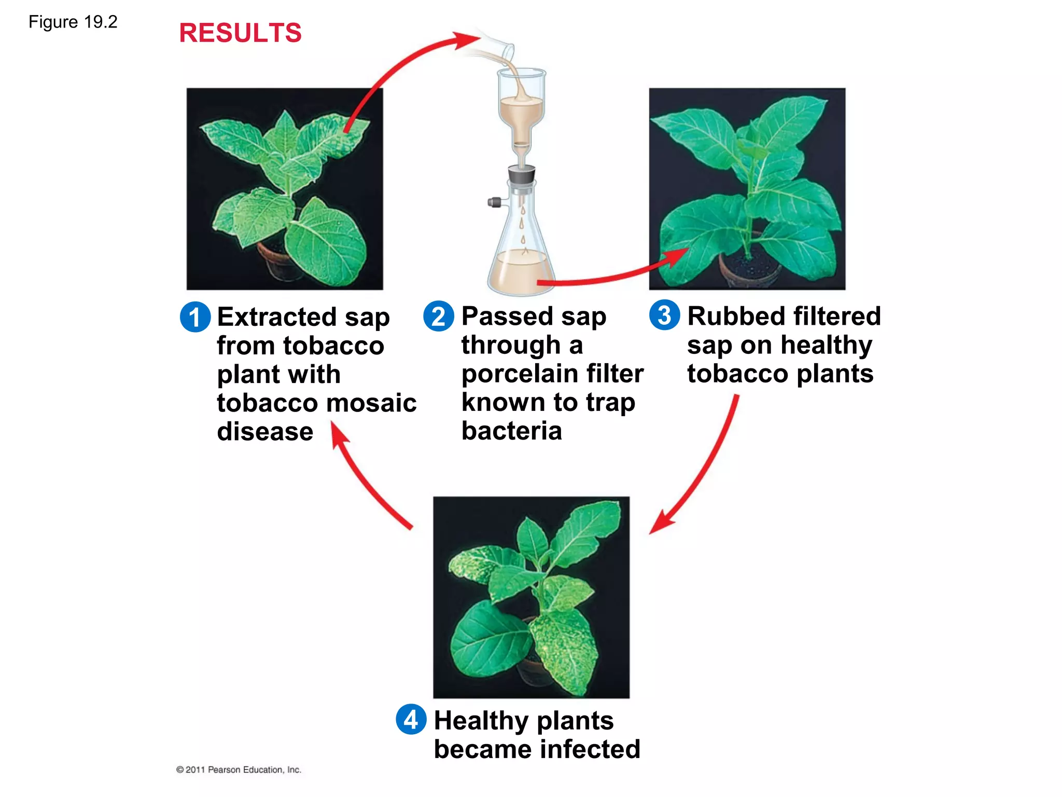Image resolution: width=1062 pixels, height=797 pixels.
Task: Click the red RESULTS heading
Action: (x=240, y=33)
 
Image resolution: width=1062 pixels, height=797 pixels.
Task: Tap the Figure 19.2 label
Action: (x=73, y=22)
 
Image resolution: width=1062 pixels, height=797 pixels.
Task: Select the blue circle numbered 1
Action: (x=195, y=317)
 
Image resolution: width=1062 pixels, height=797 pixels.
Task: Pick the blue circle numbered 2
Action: (x=439, y=316)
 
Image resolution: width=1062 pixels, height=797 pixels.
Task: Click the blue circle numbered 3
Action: (x=664, y=315)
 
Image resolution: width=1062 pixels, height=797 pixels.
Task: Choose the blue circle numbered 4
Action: (x=411, y=719)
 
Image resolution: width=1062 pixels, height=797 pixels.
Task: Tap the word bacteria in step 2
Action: (x=511, y=431)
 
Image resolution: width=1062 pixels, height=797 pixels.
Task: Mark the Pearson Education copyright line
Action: (x=239, y=769)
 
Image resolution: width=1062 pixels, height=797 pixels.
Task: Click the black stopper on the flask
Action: (x=522, y=174)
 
